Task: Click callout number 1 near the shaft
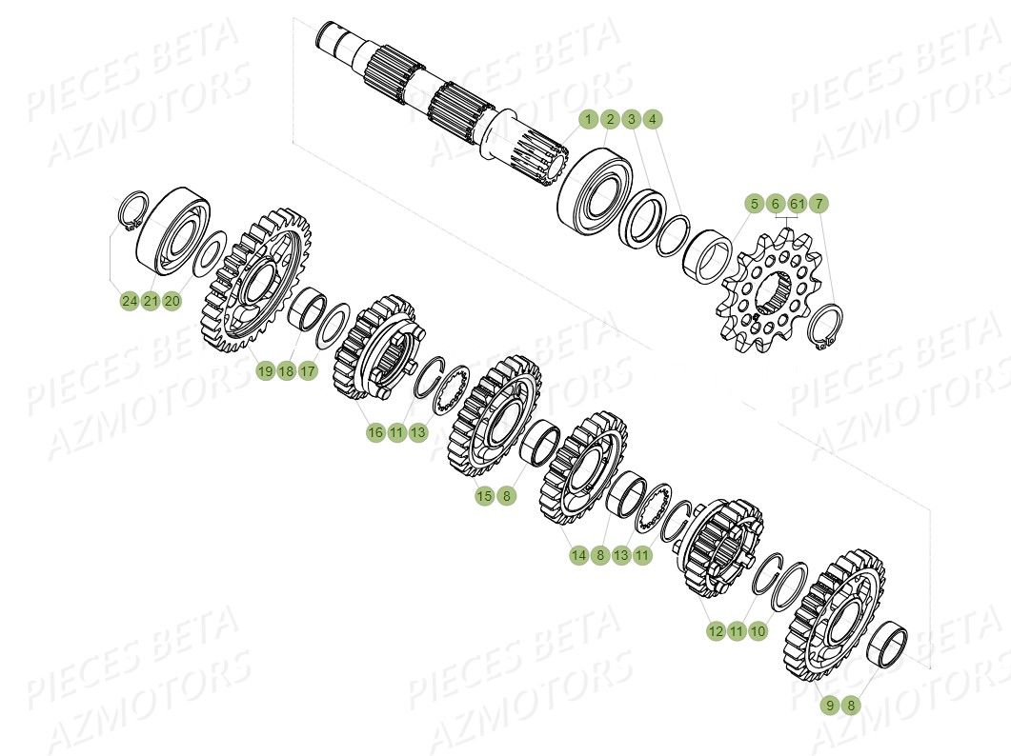click(x=589, y=120)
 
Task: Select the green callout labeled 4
click(x=652, y=120)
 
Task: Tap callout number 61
click(x=798, y=204)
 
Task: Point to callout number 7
click(x=819, y=204)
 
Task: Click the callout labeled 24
click(x=130, y=302)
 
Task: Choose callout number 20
click(x=172, y=302)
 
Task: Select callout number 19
click(x=265, y=371)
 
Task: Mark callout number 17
click(x=307, y=371)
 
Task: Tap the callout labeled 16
click(x=375, y=433)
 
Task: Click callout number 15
click(x=485, y=496)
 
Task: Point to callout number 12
click(x=716, y=631)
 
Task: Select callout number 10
click(x=758, y=631)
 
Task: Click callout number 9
click(x=830, y=706)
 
